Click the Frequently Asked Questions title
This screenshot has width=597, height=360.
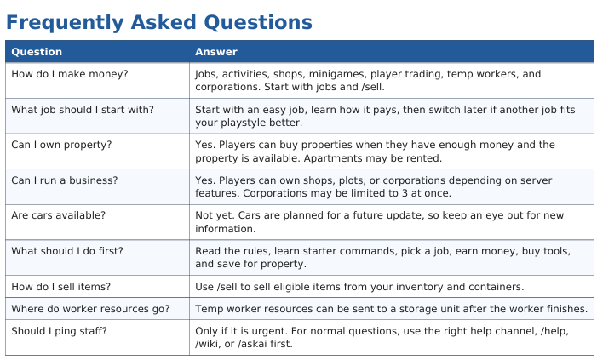(159, 22)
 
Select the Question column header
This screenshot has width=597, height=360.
(37, 52)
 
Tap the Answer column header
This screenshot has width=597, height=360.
(216, 52)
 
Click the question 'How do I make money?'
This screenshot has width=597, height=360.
(70, 74)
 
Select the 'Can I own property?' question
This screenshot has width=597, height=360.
(61, 145)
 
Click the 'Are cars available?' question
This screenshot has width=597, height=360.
(58, 215)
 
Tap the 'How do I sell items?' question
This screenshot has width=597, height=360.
(61, 287)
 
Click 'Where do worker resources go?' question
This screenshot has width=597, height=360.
(90, 309)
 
